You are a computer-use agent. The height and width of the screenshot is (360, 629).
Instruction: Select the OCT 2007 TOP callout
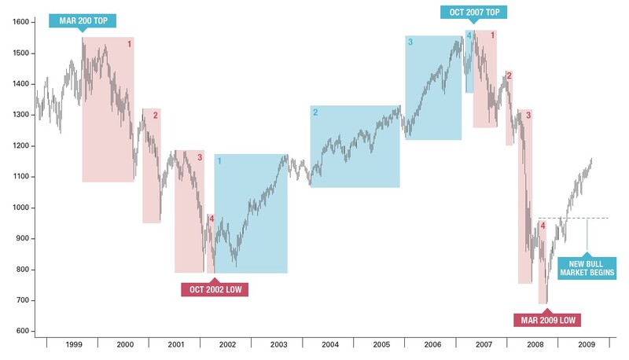(474, 11)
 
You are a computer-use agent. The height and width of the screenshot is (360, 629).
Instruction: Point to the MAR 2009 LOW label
(546, 319)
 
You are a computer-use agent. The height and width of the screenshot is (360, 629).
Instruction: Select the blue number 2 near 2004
(315, 112)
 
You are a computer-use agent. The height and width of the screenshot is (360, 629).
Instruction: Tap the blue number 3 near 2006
(410, 42)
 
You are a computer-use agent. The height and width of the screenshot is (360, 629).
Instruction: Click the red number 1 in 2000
(130, 44)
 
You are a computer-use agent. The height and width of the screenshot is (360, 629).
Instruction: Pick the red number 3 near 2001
(200, 157)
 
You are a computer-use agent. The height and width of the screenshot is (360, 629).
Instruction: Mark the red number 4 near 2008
(542, 226)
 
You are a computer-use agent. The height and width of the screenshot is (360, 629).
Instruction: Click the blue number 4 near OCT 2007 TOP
(469, 36)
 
